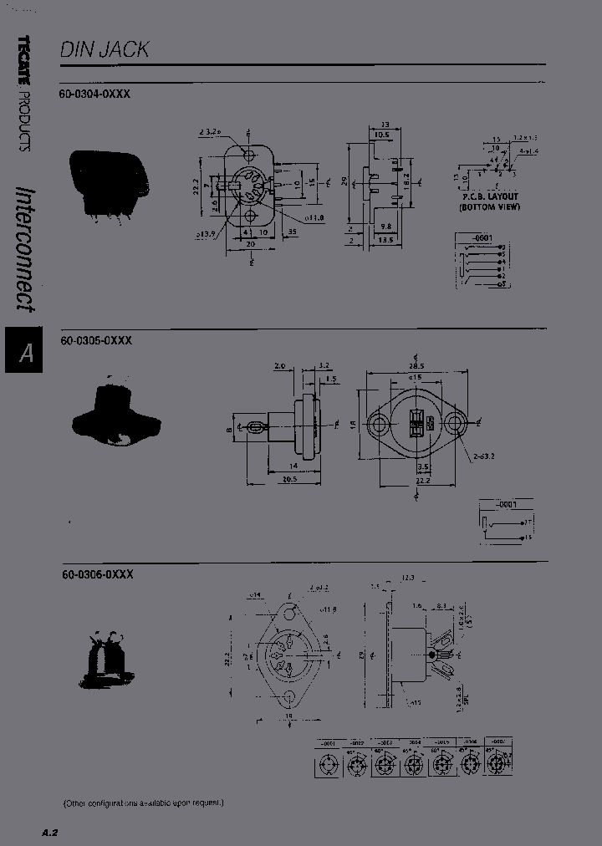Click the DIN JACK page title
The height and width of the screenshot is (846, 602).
click(x=105, y=49)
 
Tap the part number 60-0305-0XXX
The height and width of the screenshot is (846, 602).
click(x=97, y=341)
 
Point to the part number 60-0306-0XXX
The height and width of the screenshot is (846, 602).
click(x=97, y=574)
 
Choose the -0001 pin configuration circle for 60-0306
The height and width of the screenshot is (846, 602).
click(x=329, y=763)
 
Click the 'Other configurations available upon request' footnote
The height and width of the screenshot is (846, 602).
click(x=145, y=803)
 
